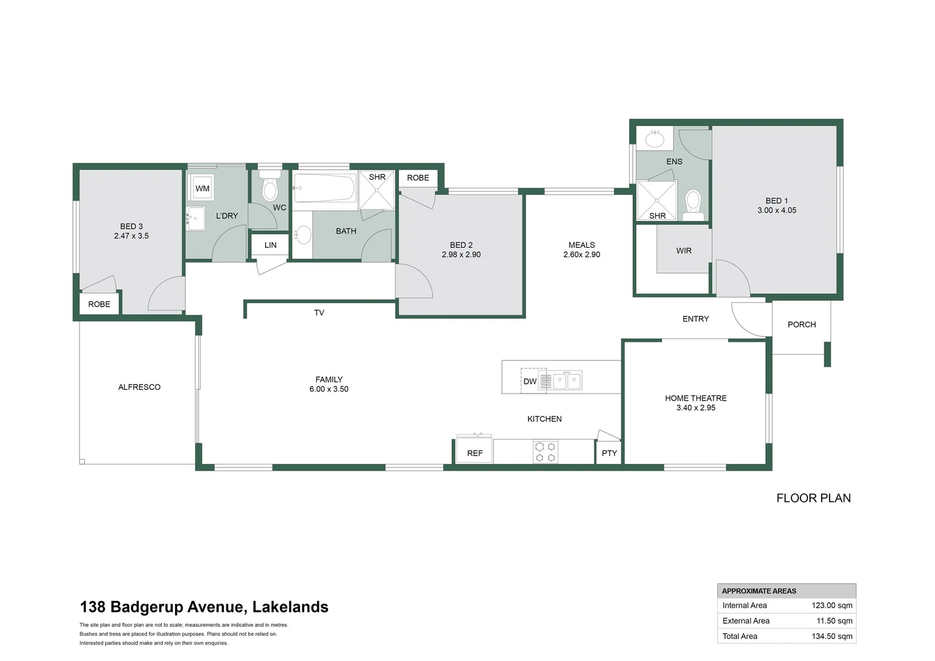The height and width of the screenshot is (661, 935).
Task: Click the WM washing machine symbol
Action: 202,189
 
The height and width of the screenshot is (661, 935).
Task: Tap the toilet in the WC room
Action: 270,187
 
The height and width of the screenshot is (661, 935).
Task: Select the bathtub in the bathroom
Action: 324,188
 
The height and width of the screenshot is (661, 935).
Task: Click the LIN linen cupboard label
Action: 270,245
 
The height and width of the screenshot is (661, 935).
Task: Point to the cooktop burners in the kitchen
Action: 545,452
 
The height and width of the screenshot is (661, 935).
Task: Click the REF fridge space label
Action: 475,453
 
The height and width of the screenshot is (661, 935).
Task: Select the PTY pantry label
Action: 609,453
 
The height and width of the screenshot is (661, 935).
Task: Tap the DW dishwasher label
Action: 530,381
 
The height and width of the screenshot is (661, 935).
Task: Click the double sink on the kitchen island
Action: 567,381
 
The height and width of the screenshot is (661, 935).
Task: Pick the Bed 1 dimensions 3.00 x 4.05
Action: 777,210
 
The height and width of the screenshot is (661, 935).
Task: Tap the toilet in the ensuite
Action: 693,203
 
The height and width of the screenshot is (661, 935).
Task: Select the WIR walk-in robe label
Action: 684,250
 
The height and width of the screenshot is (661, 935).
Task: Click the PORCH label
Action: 802,324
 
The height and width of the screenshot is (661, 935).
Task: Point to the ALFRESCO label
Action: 139,387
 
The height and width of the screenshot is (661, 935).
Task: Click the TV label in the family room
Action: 319,313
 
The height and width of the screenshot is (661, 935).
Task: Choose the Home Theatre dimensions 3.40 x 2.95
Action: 696,408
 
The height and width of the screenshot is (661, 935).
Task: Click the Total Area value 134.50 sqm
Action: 832,636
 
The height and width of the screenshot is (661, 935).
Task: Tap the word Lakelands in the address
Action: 290,607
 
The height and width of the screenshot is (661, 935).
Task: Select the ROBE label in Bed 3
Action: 99,304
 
